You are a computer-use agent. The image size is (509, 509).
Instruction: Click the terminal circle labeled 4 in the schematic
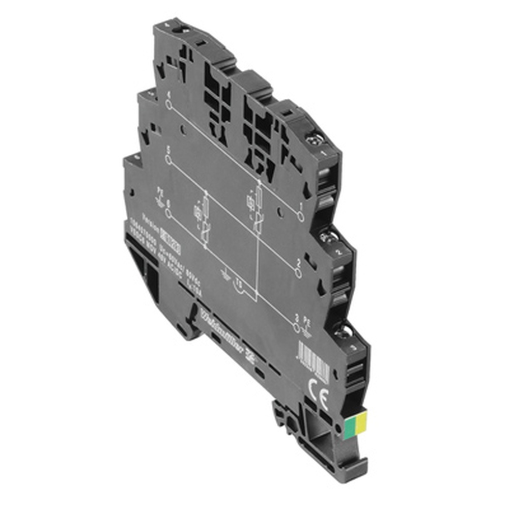pyautogui.click(x=168, y=105)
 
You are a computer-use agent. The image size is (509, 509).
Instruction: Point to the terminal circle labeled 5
pyautogui.click(x=168, y=159)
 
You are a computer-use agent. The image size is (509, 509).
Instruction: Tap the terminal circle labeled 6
pyautogui.click(x=168, y=214)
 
